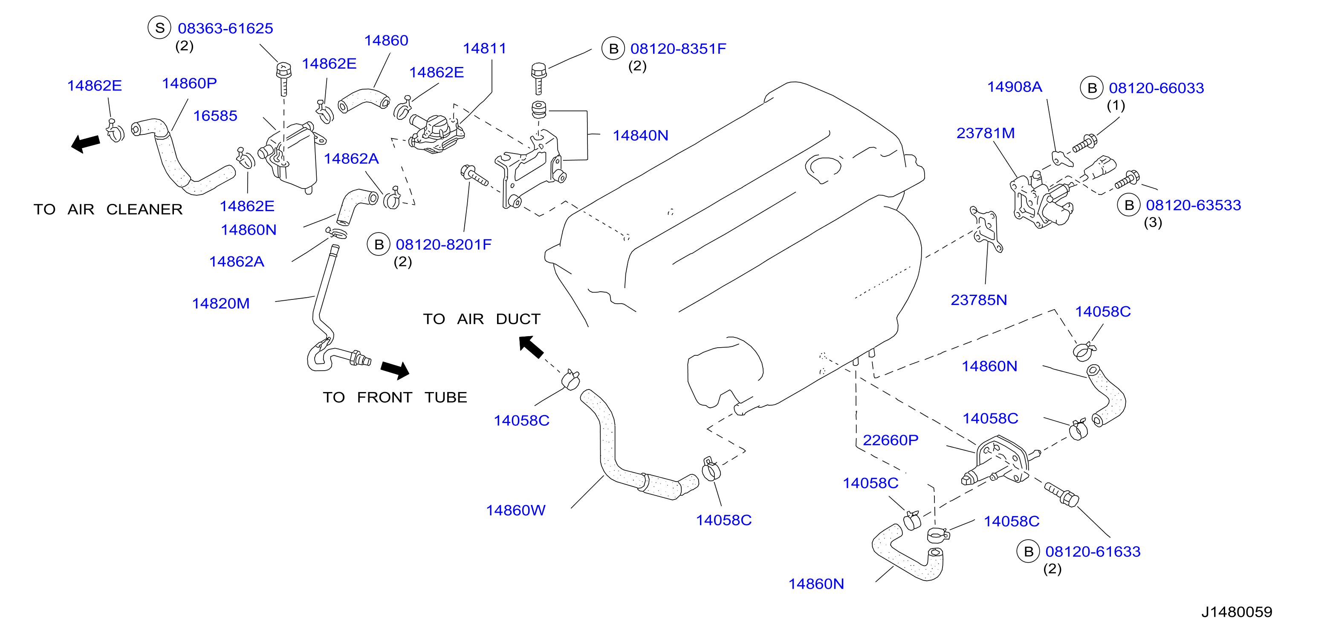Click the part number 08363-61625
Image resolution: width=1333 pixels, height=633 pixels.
pyautogui.click(x=225, y=29)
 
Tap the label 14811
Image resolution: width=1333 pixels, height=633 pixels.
pyautogui.click(x=484, y=48)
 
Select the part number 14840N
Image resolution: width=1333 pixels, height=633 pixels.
pyautogui.click(x=640, y=135)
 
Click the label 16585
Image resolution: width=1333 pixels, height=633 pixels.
pyautogui.click(x=215, y=116)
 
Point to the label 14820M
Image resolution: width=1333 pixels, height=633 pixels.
pyautogui.click(x=221, y=303)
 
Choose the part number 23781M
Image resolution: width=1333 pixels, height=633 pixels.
pyautogui.click(x=985, y=133)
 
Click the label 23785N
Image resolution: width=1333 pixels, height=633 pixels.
pyautogui.click(x=978, y=300)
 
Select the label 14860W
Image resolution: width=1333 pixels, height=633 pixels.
pyautogui.click(x=515, y=510)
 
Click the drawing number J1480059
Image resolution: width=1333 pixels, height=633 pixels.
pyautogui.click(x=1237, y=612)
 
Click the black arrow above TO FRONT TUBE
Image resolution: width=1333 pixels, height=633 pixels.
pyautogui.click(x=395, y=369)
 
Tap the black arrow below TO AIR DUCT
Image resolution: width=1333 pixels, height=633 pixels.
pyautogui.click(x=531, y=346)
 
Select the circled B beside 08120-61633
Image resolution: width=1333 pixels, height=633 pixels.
pyautogui.click(x=1028, y=552)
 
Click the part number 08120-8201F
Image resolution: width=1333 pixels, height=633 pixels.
pyautogui.click(x=443, y=244)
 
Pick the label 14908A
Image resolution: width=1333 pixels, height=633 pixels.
pyautogui.click(x=1014, y=87)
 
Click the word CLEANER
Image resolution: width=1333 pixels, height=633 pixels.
pyautogui.click(x=145, y=209)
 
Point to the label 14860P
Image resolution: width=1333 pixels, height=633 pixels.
pyautogui.click(x=189, y=83)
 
